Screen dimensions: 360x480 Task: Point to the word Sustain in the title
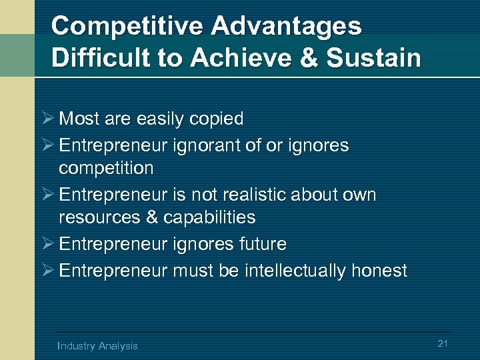point(380,57)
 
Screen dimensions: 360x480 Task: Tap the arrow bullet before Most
point(47,119)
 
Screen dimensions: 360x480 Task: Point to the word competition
point(106,168)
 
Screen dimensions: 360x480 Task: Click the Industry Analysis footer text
point(97,345)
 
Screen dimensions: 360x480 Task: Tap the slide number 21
point(443,343)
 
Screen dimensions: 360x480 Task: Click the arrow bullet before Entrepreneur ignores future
point(47,244)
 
